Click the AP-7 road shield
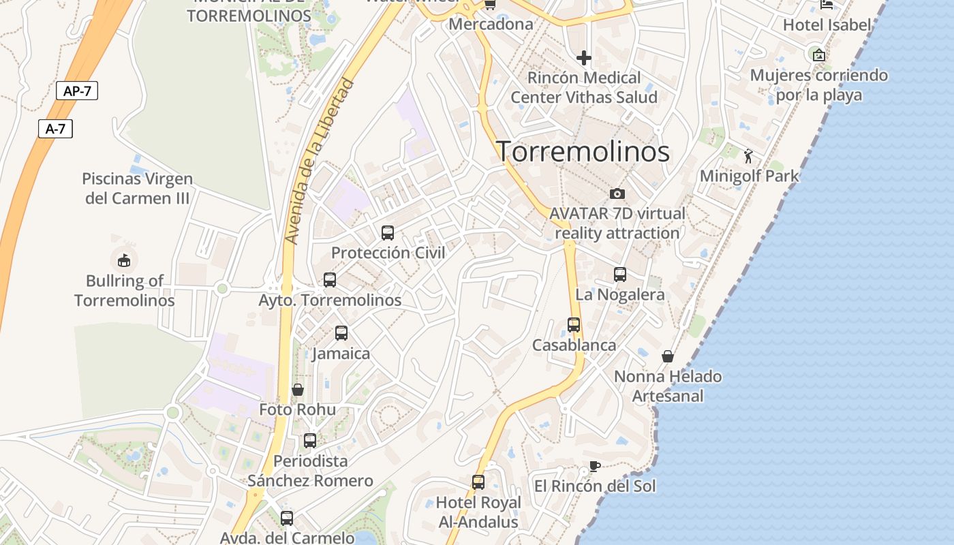(77, 91)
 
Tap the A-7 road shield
(55, 129)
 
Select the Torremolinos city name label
(583, 151)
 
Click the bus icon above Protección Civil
(388, 233)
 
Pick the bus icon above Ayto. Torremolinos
(330, 280)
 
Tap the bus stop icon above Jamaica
(341, 333)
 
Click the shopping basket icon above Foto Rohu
(298, 390)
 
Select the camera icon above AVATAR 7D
(617, 193)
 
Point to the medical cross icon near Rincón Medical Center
(584, 58)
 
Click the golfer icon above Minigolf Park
(749, 156)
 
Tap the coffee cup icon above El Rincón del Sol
(594, 467)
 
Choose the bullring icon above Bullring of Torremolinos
(124, 260)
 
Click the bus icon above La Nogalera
(620, 275)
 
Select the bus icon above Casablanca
(574, 325)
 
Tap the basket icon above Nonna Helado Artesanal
(668, 356)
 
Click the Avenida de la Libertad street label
(320, 161)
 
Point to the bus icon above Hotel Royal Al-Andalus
(478, 482)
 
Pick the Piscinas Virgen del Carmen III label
(138, 189)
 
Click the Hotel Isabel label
(827, 25)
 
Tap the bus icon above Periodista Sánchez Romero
(310, 441)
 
